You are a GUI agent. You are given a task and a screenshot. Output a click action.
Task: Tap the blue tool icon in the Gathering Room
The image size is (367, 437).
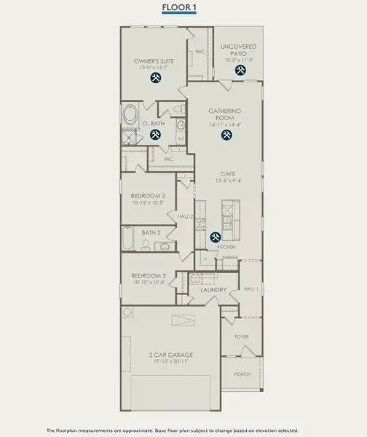[x=226, y=135]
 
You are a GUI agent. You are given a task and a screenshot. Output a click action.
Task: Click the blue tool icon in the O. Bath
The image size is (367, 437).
[x=155, y=135]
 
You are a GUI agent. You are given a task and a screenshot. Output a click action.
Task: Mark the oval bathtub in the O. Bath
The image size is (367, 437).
[x=129, y=115]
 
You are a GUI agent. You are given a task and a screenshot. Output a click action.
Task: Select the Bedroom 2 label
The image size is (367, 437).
[x=149, y=196]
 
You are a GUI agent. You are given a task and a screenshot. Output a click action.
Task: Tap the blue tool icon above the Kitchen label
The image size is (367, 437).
[x=216, y=237]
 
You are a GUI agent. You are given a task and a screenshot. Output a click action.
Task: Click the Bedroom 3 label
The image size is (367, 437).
[x=149, y=275]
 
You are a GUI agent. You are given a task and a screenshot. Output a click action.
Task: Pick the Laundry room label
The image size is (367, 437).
[x=213, y=290]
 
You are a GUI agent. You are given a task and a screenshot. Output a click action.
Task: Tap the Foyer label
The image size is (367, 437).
[x=241, y=338]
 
